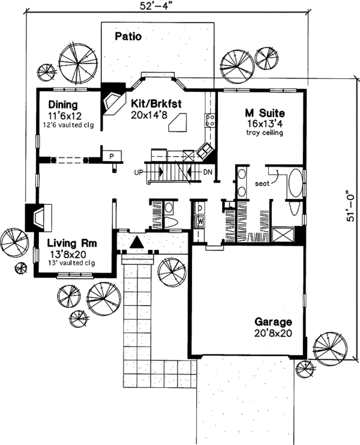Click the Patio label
127,37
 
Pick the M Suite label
264,112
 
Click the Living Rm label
69,243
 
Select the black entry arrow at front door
137,242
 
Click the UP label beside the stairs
139,172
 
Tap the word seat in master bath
262,184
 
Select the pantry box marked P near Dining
112,156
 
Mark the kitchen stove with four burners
211,120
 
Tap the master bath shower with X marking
283,234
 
